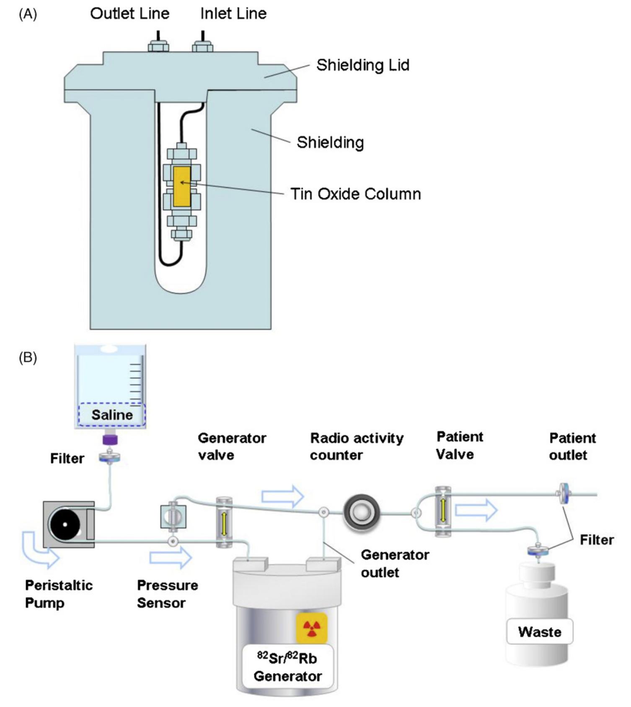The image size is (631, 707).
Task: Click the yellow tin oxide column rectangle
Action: pyautogui.click(x=182, y=186)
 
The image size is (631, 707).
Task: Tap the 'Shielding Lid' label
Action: pyautogui.click(x=362, y=65)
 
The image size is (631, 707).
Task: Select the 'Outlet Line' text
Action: pyautogui.click(x=129, y=14)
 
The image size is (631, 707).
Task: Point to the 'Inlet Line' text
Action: pyautogui.click(x=233, y=14)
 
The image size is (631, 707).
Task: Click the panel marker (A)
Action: pyautogui.click(x=28, y=14)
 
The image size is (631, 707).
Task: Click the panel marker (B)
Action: pyautogui.click(x=28, y=357)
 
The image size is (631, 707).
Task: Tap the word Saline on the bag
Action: pyautogui.click(x=112, y=415)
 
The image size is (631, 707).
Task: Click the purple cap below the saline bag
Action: pyautogui.click(x=110, y=440)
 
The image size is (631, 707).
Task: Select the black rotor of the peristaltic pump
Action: pyautogui.click(x=65, y=524)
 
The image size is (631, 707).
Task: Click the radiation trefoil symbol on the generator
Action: pyautogui.click(x=311, y=627)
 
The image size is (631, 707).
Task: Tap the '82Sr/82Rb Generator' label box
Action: pyautogui.click(x=287, y=667)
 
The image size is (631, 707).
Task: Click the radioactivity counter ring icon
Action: pyautogui.click(x=361, y=512)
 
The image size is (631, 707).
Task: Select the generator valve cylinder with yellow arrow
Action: pyautogui.click(x=224, y=522)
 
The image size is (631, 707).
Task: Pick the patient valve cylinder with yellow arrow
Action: pyautogui.click(x=443, y=511)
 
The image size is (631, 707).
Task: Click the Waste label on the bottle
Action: pyautogui.click(x=539, y=632)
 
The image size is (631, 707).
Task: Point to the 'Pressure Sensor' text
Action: pyautogui.click(x=167, y=594)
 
